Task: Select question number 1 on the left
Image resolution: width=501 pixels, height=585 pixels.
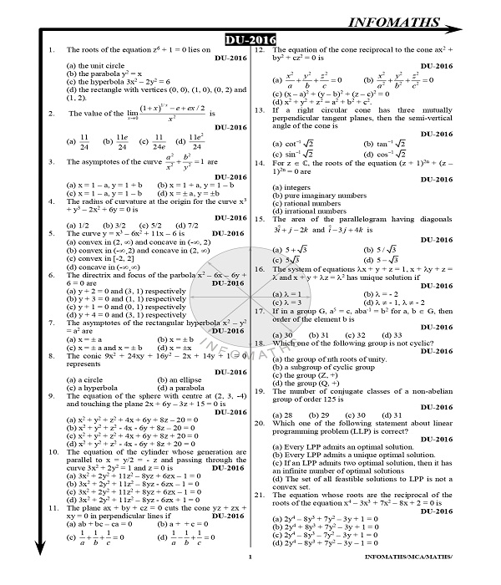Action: pos(53,50)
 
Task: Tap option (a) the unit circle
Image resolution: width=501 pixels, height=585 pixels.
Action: pos(94,65)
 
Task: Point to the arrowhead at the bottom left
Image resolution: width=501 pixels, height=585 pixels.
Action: pos(38,571)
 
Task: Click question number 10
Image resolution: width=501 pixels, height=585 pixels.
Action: pos(53,451)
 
